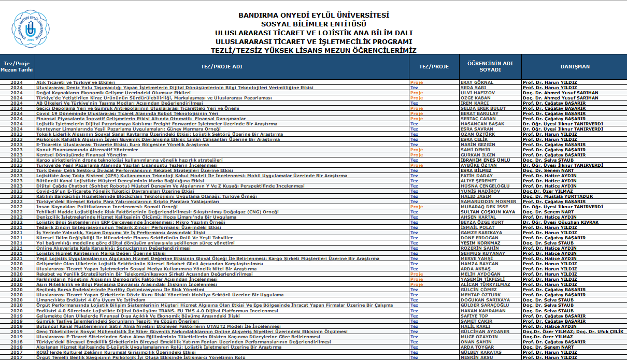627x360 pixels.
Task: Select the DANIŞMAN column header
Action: (x=574, y=66)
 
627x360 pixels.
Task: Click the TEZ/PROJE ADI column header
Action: (x=221, y=66)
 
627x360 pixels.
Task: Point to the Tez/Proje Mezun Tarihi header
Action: (x=17, y=66)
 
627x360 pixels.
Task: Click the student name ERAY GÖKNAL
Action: (x=477, y=82)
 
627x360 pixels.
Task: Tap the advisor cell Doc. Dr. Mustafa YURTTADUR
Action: (x=557, y=196)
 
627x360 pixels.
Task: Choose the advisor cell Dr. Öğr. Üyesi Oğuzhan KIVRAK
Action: (x=561, y=222)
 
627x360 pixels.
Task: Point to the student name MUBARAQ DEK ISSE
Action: (x=484, y=207)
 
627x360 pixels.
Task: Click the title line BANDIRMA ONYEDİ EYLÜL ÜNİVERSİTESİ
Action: (x=313, y=16)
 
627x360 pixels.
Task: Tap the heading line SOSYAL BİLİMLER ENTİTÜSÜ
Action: (x=313, y=24)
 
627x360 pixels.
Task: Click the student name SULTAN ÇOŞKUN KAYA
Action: (x=488, y=212)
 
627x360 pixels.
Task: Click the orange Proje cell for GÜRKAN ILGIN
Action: (x=416, y=155)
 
